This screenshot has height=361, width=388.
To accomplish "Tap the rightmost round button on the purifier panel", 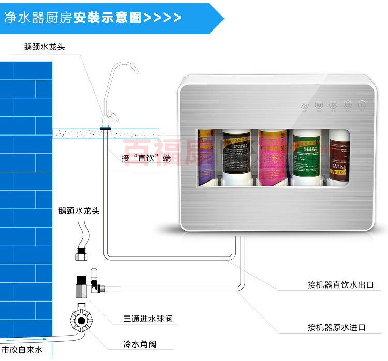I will point(363,104).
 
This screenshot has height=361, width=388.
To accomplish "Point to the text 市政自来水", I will point(22,351).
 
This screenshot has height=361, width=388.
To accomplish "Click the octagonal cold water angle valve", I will point(80,321).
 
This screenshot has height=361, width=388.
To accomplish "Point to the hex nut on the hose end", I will point(82,255).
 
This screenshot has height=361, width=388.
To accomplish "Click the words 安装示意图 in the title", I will point(108,17).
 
